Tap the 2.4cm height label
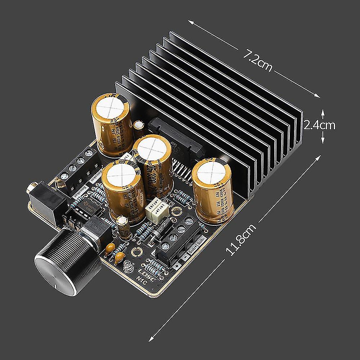tap(320, 125)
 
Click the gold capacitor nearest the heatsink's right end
tap(212, 191)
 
